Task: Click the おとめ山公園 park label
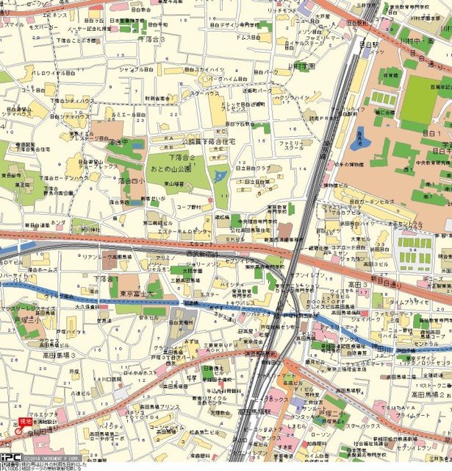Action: click(173, 168)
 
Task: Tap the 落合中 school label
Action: click(118, 142)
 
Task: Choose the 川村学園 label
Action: click(301, 66)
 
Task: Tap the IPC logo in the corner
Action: click(10, 455)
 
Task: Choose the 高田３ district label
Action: click(358, 284)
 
